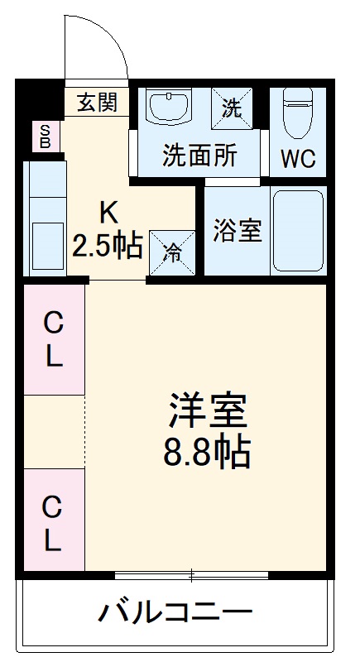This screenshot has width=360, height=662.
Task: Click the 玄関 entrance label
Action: tap(97, 103)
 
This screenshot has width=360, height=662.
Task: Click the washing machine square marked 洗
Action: tap(233, 107)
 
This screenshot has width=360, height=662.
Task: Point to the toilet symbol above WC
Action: tap(297, 115)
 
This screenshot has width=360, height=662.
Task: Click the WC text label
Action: tap(298, 158)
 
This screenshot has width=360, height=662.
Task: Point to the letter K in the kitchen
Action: tap(109, 213)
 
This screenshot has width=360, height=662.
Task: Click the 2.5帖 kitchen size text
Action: tap(108, 246)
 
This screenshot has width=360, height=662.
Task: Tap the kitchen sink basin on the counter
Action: tap(47, 243)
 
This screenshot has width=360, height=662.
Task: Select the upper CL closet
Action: tap(53, 339)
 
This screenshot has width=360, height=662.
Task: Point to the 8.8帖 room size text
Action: tap(207, 451)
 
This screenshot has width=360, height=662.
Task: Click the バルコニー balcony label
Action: tap(175, 613)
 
